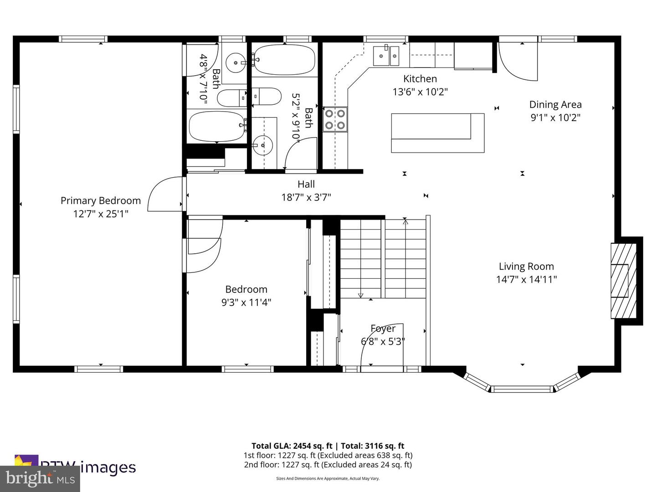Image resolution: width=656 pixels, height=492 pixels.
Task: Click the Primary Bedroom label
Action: [x=101, y=200]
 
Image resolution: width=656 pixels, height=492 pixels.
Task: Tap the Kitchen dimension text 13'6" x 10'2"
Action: [x=420, y=92]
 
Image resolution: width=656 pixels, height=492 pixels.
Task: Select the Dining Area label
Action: [x=555, y=104]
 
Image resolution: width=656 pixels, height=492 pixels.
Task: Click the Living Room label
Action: [x=526, y=266]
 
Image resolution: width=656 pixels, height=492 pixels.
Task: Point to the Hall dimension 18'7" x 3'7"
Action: [x=306, y=197]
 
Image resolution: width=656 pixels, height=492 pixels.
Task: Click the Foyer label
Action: [x=383, y=328]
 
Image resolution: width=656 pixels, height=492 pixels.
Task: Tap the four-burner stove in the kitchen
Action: [x=335, y=119]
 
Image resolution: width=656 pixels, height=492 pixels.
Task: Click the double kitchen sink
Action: [x=386, y=56]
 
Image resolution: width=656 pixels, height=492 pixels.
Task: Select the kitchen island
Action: [x=437, y=133]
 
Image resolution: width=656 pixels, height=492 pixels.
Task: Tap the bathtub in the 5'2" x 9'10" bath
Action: [x=283, y=60]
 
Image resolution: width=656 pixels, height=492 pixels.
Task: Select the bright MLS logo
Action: [x=40, y=479]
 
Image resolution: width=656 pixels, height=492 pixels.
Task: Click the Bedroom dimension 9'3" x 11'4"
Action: [x=246, y=302]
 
